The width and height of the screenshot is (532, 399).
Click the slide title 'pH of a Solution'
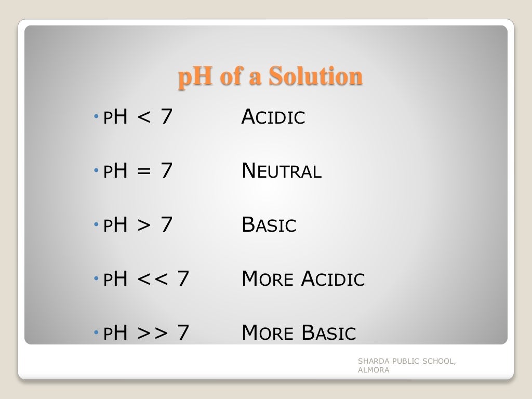(270, 77)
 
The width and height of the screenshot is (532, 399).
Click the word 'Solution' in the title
(316, 77)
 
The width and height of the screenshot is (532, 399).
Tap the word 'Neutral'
(282, 171)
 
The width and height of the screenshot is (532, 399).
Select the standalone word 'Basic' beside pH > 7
(269, 225)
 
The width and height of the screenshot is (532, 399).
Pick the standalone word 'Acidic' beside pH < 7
(273, 117)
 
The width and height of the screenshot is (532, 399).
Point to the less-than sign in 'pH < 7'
(144, 117)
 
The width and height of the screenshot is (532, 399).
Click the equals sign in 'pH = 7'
(144, 171)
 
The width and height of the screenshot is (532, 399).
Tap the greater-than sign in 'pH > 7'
(144, 225)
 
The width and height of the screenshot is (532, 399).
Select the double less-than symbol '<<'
(152, 280)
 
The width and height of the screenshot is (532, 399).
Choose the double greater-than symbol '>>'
(152, 334)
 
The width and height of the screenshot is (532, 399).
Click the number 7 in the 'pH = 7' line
(166, 171)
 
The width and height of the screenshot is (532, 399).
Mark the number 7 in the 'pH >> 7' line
(183, 333)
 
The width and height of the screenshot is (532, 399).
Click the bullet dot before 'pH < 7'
(97, 117)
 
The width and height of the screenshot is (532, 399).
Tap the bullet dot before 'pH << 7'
(97, 280)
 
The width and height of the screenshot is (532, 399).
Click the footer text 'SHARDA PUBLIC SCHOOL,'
(407, 362)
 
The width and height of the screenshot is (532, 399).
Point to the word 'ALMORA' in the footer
(374, 370)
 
